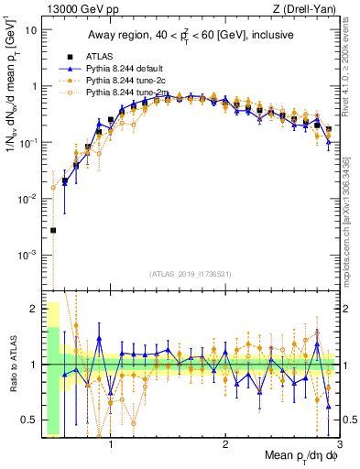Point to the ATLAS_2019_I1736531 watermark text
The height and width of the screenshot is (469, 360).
[190, 274]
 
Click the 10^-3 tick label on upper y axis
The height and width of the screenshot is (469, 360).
[27, 255]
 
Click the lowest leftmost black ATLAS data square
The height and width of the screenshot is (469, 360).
[53, 230]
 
